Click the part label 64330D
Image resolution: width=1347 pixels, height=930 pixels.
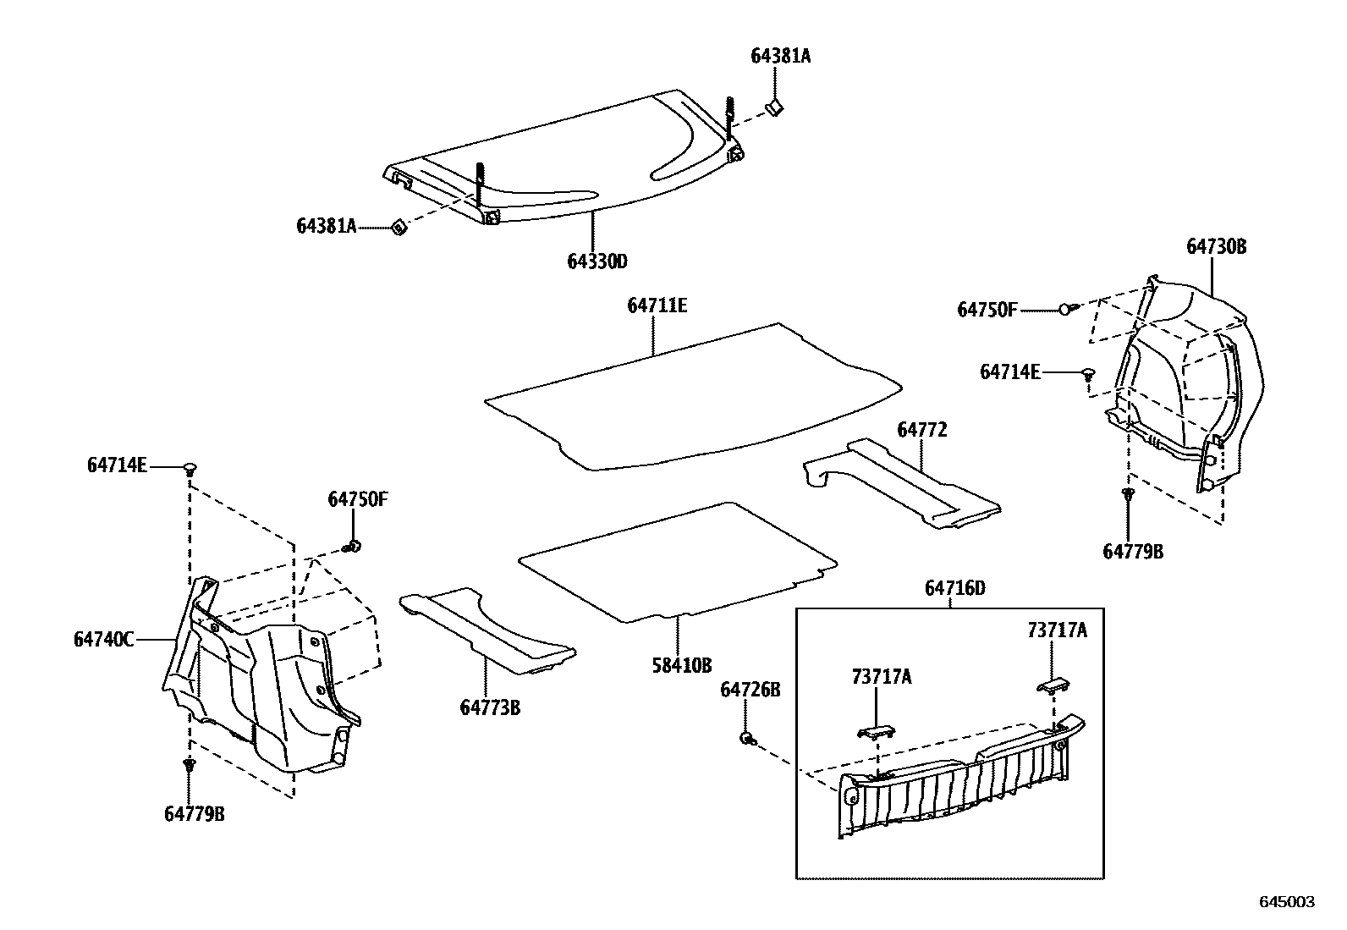pos(597,261)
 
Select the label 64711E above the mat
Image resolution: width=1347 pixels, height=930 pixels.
pos(657,305)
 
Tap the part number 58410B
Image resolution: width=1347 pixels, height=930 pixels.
pos(681,666)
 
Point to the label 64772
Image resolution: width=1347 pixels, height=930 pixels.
pos(921,430)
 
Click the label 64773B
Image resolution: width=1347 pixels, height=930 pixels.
pos(490,707)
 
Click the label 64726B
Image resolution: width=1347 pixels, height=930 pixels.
pos(750,691)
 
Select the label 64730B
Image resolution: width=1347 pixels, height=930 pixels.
pos(1216,247)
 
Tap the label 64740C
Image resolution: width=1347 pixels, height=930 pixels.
pos(103,640)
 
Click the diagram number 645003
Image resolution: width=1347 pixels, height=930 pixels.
pos(1287,902)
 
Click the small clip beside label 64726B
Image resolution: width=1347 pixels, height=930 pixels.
pos(747,739)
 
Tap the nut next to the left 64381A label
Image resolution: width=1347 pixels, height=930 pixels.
pos(399,227)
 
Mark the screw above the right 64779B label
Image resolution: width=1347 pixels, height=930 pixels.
pos(1127,495)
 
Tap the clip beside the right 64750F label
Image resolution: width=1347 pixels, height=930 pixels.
pos(1067,310)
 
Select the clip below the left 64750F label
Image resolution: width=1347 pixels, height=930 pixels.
pos(354,546)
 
